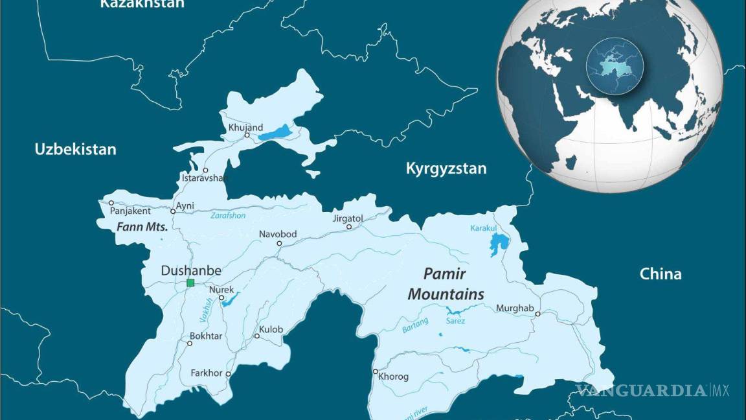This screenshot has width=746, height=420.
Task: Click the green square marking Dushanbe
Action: tap(190, 283)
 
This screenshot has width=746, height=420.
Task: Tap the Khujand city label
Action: tap(245, 127)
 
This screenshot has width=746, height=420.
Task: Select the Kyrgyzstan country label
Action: tap(446, 169)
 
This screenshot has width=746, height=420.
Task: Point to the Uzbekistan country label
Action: tap(76, 149)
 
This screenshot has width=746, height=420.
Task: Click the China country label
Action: tap(661, 274)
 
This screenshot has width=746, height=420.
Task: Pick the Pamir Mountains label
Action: tap(446, 284)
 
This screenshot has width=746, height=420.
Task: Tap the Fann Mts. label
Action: tap(142, 227)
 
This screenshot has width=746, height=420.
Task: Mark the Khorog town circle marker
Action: tap(376, 371)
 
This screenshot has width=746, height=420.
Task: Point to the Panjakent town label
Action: tap(130, 211)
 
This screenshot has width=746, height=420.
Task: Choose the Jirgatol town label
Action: tap(348, 218)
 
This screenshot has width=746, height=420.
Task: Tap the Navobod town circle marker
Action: tap(280, 244)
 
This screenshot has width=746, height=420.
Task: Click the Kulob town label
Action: tap(271, 329)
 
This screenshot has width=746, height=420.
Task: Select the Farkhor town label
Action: tap(206, 373)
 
